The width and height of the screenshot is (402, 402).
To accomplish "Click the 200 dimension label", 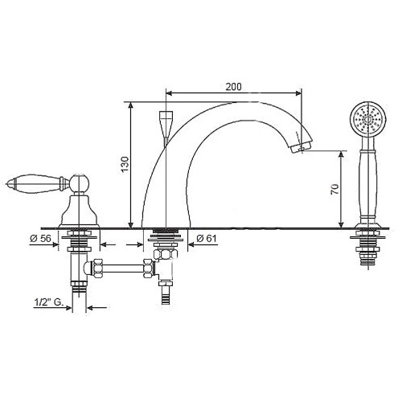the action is pos(233,87).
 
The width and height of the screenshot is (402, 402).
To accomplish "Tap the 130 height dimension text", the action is pos(125,164).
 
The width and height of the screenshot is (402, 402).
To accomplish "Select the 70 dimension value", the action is pos(334,190).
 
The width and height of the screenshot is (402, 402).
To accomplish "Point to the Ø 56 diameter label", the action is pos(40,238).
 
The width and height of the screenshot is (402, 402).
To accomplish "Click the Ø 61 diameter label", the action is pos(207,238).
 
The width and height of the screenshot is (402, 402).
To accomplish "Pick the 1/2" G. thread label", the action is pos(48,302).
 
